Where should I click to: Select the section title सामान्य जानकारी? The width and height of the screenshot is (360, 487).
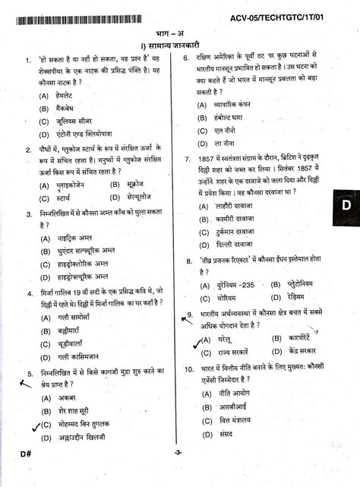pyautogui.click(x=183, y=46)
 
